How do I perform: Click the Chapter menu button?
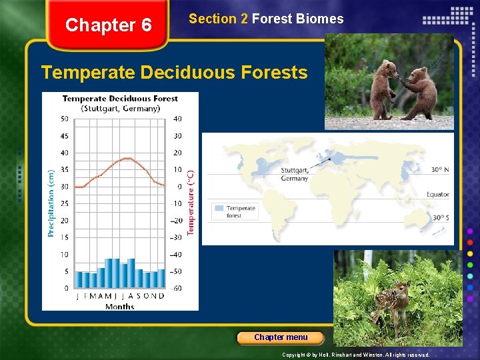point(281,337)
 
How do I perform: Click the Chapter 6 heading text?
point(109,25)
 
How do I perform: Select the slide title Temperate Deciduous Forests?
point(174,72)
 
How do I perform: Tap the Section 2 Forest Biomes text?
point(266,19)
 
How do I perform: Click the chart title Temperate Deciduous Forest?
point(120,99)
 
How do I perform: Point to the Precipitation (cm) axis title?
point(51,202)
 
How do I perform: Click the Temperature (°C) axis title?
point(191,202)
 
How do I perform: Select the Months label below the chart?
point(119,307)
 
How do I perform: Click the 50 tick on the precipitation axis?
point(64,119)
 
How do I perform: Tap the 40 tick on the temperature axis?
point(177,119)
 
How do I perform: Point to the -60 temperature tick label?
point(176,289)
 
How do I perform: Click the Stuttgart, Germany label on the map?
point(294,175)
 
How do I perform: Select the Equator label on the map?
point(438,195)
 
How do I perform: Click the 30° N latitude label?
point(439,170)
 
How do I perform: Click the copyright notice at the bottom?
point(356,355)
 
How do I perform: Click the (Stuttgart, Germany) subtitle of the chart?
point(120,108)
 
